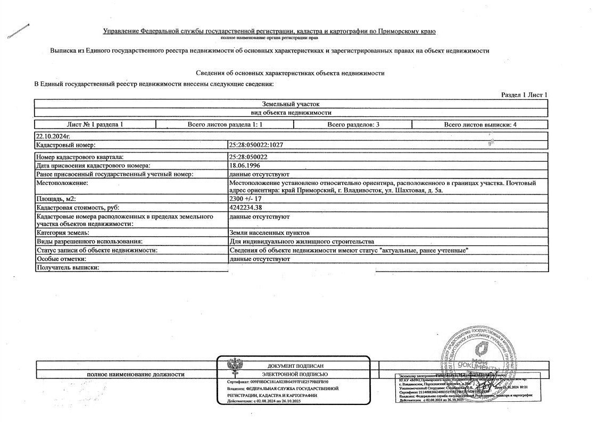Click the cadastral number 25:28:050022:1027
(x=255, y=145)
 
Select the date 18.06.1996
(x=243, y=165)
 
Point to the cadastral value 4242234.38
(x=245, y=207)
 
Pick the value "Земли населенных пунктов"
(x=269, y=233)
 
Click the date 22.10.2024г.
(x=53, y=136)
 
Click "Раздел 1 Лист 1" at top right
(x=524, y=95)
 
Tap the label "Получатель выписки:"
(x=68, y=267)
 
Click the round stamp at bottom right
(x=477, y=356)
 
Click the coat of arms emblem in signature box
(x=233, y=367)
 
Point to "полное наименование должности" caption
(x=136, y=374)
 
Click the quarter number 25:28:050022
(x=247, y=157)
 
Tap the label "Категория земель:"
(x=62, y=233)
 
